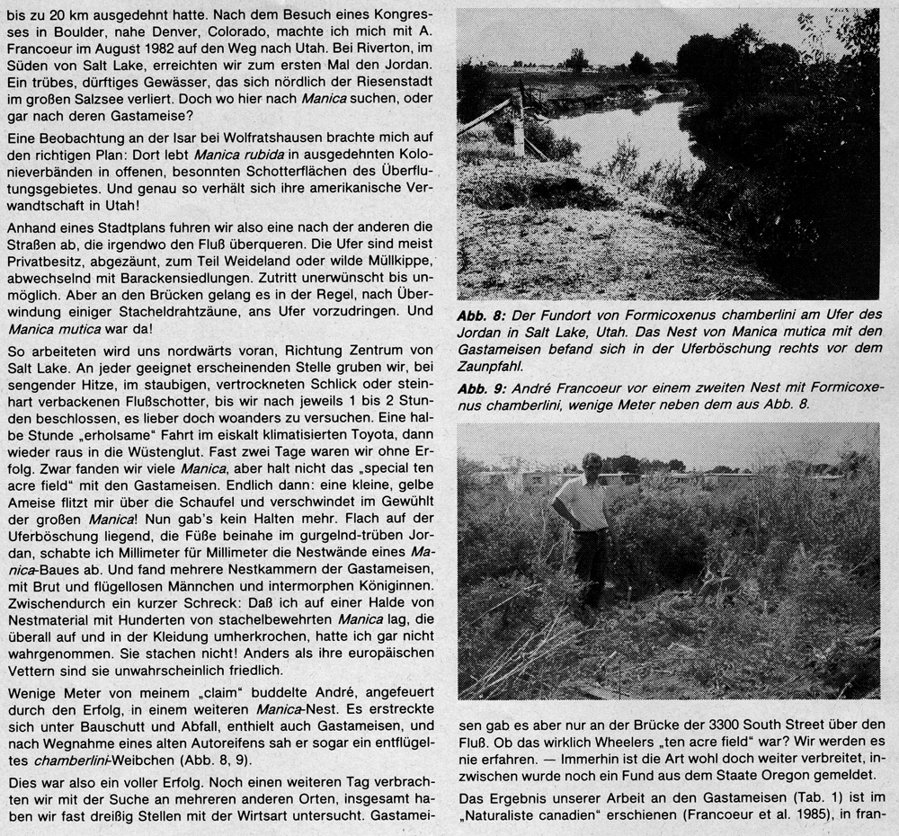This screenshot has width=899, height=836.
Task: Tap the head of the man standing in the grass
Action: point(592,466)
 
